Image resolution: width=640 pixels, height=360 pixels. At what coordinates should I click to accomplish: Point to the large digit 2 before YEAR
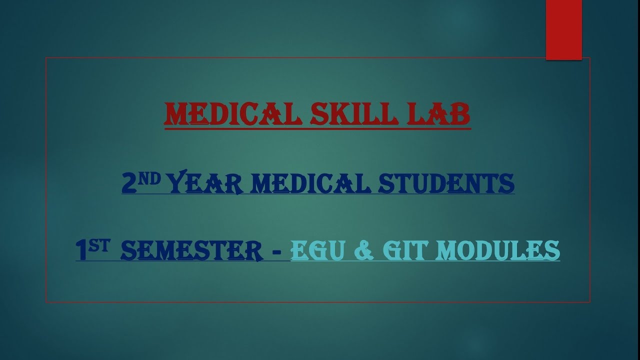click(129, 183)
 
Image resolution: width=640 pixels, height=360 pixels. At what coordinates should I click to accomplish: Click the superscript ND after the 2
click(149, 177)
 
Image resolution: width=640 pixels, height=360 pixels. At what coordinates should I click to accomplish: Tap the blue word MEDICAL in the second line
click(310, 183)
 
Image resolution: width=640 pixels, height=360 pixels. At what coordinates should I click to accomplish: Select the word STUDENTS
click(446, 183)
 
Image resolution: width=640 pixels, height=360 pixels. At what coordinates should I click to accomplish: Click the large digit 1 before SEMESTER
click(82, 250)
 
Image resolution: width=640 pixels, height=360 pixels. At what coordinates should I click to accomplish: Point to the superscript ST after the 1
click(100, 244)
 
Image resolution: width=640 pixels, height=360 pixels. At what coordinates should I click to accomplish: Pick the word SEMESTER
click(192, 250)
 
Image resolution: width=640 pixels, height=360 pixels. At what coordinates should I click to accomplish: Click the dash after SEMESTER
click(276, 251)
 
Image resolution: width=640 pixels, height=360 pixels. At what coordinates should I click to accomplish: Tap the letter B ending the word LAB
click(461, 115)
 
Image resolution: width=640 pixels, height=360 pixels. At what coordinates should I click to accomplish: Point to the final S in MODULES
click(552, 250)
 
